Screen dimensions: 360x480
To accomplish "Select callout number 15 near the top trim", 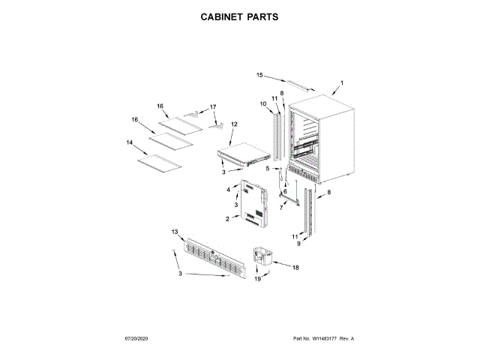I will coord(259,75).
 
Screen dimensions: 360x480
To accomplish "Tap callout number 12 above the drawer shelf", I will coord(234,124).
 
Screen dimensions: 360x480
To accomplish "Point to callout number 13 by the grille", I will coord(174,232).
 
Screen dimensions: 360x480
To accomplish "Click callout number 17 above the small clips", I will coord(212,107).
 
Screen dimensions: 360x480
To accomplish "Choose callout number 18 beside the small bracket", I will coord(295,267).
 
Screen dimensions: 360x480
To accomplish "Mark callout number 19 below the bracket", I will coord(256,279).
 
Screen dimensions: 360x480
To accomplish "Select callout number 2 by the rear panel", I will coord(226,218).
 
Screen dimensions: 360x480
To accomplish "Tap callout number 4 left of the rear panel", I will coord(228,190).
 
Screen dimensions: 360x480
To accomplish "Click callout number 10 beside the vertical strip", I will coord(263,103).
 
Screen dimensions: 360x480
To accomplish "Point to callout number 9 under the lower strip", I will coord(297,244).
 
